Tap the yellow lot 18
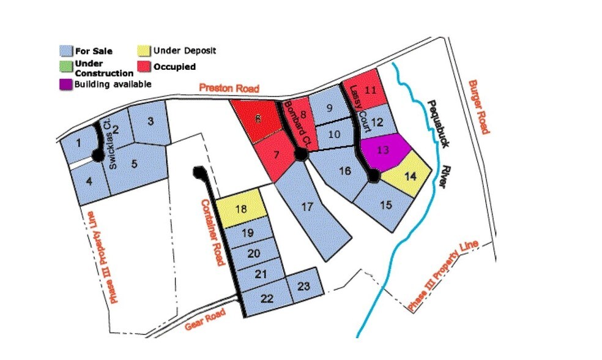(242, 209)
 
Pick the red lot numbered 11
(368, 90)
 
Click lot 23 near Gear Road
(303, 287)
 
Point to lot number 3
(150, 121)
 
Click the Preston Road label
(229, 89)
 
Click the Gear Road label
(205, 320)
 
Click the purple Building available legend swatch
(65, 84)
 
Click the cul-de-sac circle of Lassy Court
(373, 177)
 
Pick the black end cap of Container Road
(198, 172)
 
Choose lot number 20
(256, 253)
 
